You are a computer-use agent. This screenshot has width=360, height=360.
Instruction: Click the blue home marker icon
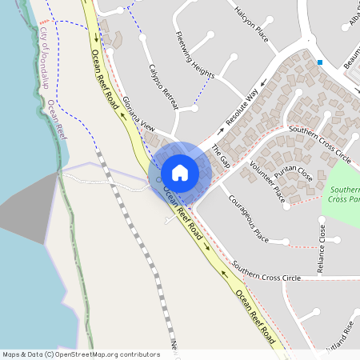(x=180, y=173)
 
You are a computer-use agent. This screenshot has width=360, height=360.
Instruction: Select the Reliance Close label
(x=323, y=248)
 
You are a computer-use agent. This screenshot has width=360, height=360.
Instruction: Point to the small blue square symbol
(x=319, y=62)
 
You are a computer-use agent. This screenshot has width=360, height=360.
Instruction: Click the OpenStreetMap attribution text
(x=80, y=354)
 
